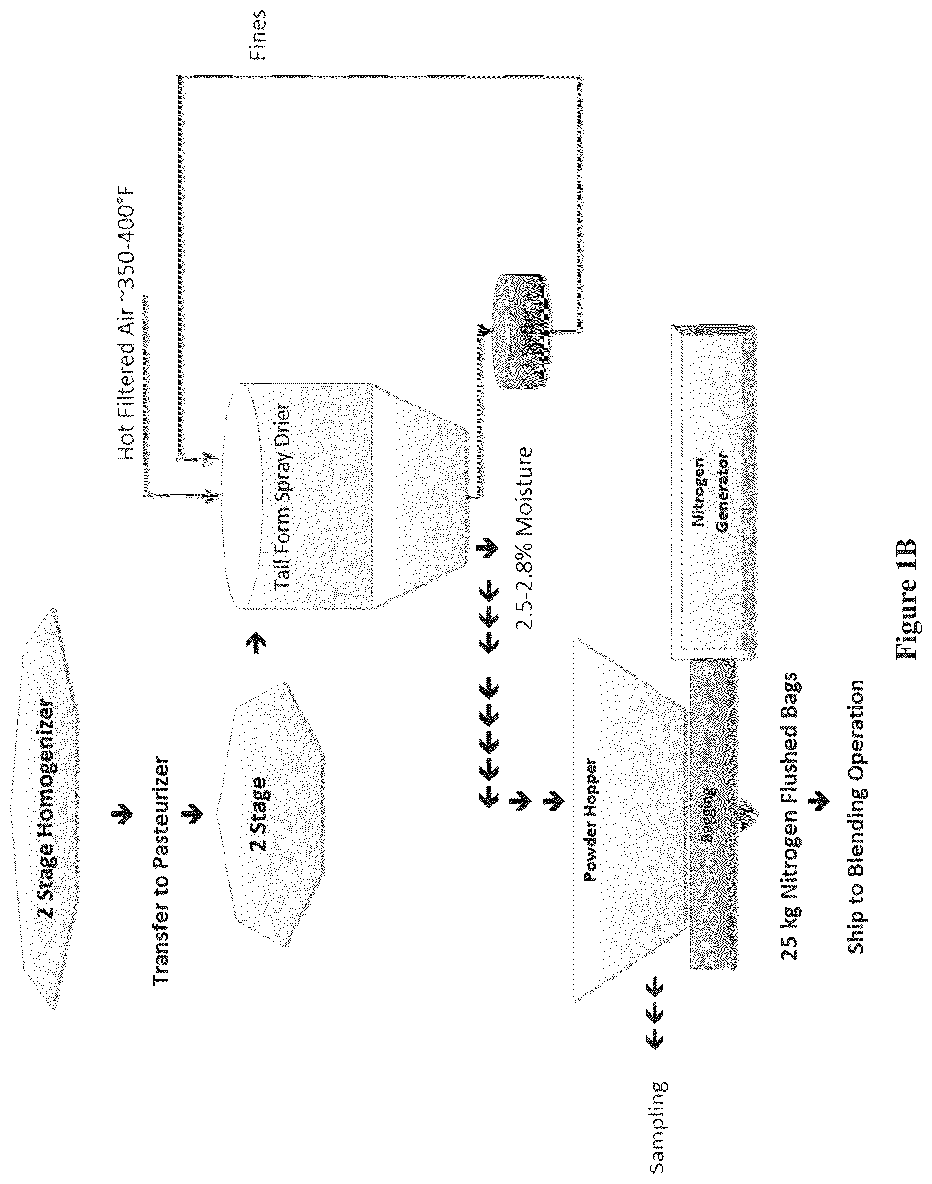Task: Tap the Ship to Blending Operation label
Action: [856, 816]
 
